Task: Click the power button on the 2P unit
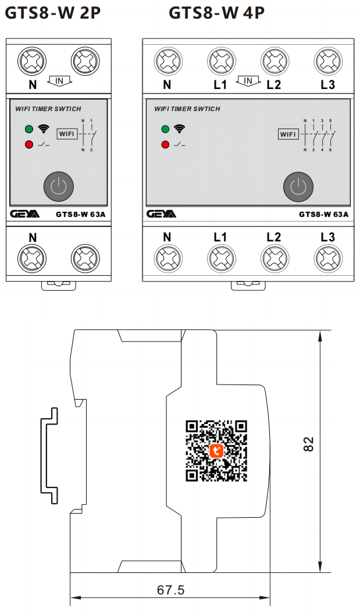[59, 187]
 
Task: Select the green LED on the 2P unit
[28, 129]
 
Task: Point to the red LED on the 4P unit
[166, 144]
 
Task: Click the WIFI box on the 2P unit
[67, 134]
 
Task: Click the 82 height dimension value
[309, 444]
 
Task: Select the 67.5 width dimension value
[171, 590]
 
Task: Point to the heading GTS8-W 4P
[216, 12]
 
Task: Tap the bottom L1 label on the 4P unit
[220, 237]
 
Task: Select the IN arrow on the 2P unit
[59, 80]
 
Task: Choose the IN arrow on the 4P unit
[248, 81]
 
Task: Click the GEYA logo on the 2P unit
[25, 214]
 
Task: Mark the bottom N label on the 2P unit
[33, 237]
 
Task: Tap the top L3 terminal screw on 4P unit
[328, 60]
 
